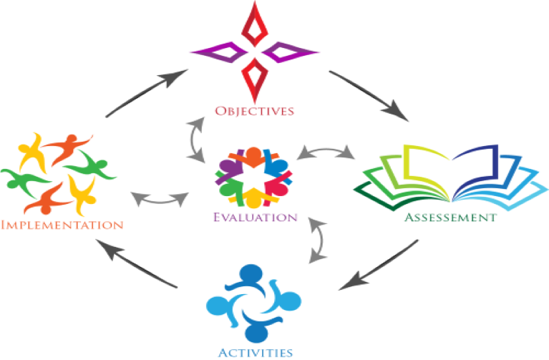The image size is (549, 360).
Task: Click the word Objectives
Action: [254, 111]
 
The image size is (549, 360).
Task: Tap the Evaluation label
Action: [256, 217]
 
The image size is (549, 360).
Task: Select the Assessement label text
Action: [451, 218]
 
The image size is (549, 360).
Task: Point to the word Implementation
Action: [62, 225]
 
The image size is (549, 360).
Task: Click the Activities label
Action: [256, 352]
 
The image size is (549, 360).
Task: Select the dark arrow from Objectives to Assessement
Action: [369, 95]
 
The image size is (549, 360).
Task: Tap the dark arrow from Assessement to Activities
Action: [378, 265]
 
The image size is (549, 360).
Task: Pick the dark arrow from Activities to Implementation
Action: [137, 263]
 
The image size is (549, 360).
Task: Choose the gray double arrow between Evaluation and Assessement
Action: [326, 150]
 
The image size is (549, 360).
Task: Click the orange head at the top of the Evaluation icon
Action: [253, 155]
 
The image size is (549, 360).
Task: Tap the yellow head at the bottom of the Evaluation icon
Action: [253, 198]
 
